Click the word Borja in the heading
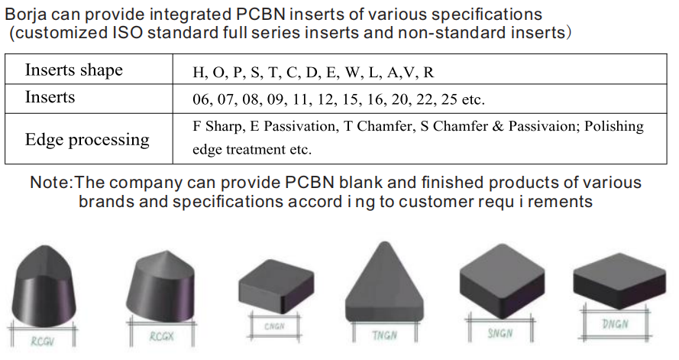25,15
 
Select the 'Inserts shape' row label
74,70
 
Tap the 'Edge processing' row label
87,140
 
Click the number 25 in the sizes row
449,99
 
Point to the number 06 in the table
201,99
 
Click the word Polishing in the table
614,127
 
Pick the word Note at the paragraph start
50,183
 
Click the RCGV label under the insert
43,342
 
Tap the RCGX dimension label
162,336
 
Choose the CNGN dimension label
274,326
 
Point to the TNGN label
384,336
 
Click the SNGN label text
500,333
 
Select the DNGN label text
615,323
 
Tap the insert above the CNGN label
276,287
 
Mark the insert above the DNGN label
619,281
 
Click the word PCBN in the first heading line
260,15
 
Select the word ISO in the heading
128,34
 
